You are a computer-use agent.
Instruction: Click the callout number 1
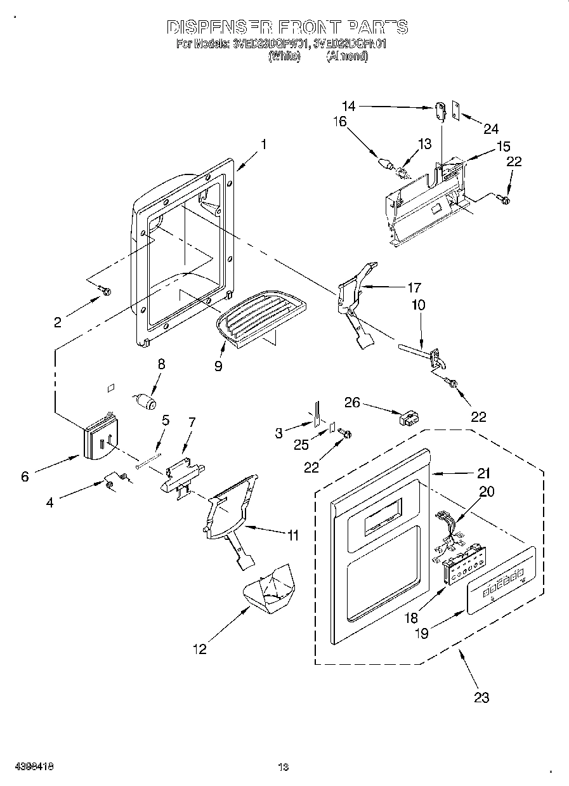263,144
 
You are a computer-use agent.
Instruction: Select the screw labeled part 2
105,291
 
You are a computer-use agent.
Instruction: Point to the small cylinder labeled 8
147,402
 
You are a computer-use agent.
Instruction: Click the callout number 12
200,649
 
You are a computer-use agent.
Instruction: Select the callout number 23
481,697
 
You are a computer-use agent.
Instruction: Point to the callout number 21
484,473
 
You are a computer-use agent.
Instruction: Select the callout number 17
414,286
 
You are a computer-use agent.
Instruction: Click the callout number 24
491,129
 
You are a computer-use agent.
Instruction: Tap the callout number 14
350,107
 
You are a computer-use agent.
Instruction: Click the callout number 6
25,476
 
